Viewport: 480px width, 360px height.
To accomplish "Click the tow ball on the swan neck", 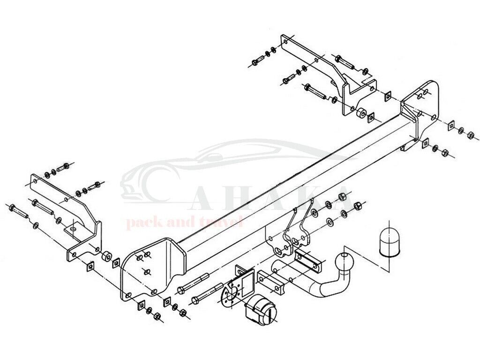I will coord(344,261).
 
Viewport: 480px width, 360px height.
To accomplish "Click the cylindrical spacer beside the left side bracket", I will coord(107,256).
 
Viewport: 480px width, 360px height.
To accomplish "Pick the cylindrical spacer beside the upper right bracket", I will coord(361,113).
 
